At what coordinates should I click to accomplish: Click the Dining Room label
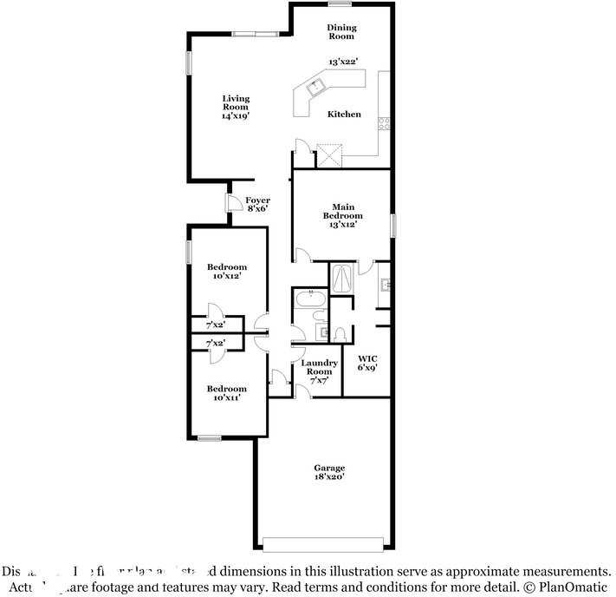[341, 32]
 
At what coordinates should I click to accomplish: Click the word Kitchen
[344, 115]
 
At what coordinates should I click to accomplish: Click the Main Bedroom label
[343, 215]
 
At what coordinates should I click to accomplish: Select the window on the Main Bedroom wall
[392, 225]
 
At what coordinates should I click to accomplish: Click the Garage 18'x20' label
[329, 473]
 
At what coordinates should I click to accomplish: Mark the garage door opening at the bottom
[322, 545]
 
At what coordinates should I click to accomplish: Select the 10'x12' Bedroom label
[226, 271]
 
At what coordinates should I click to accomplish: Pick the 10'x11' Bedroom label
[226, 393]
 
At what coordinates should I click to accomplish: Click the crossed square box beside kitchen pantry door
[329, 155]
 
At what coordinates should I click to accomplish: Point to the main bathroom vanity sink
[385, 284]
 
